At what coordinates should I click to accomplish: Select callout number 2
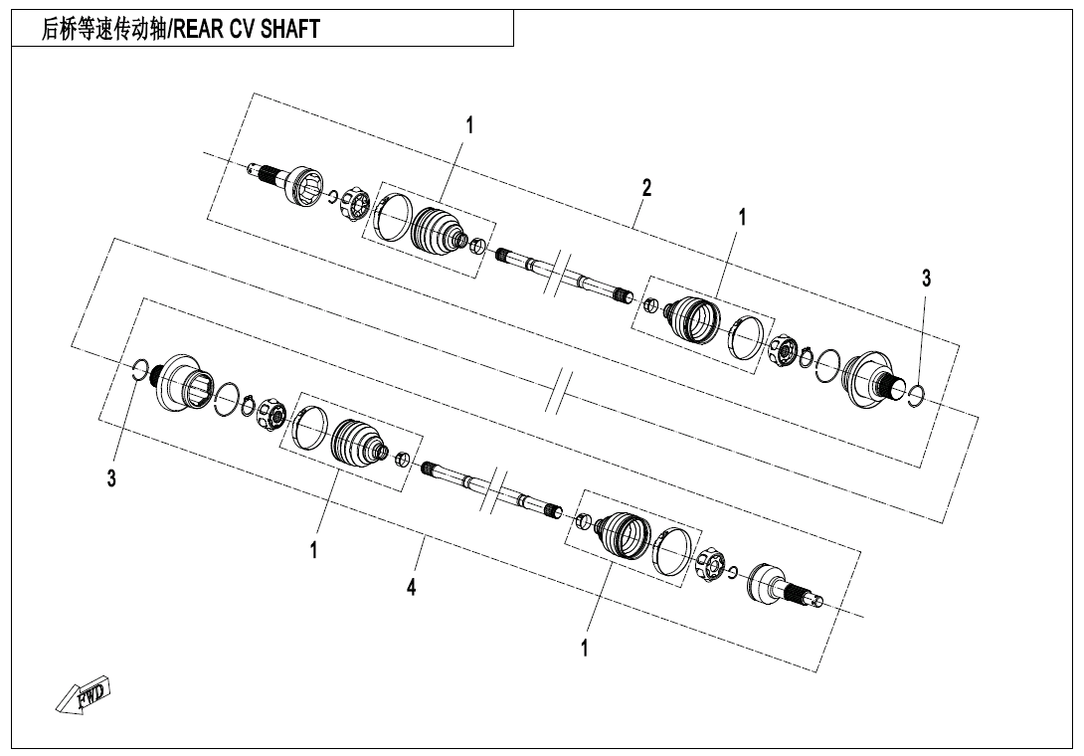646,187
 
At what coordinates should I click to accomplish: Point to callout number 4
412,588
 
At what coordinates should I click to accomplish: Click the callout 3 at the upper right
927,279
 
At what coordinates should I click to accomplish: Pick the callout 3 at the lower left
111,477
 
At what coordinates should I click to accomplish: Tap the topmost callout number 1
470,126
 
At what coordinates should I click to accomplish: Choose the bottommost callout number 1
585,649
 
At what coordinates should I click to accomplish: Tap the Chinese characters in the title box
103,29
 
